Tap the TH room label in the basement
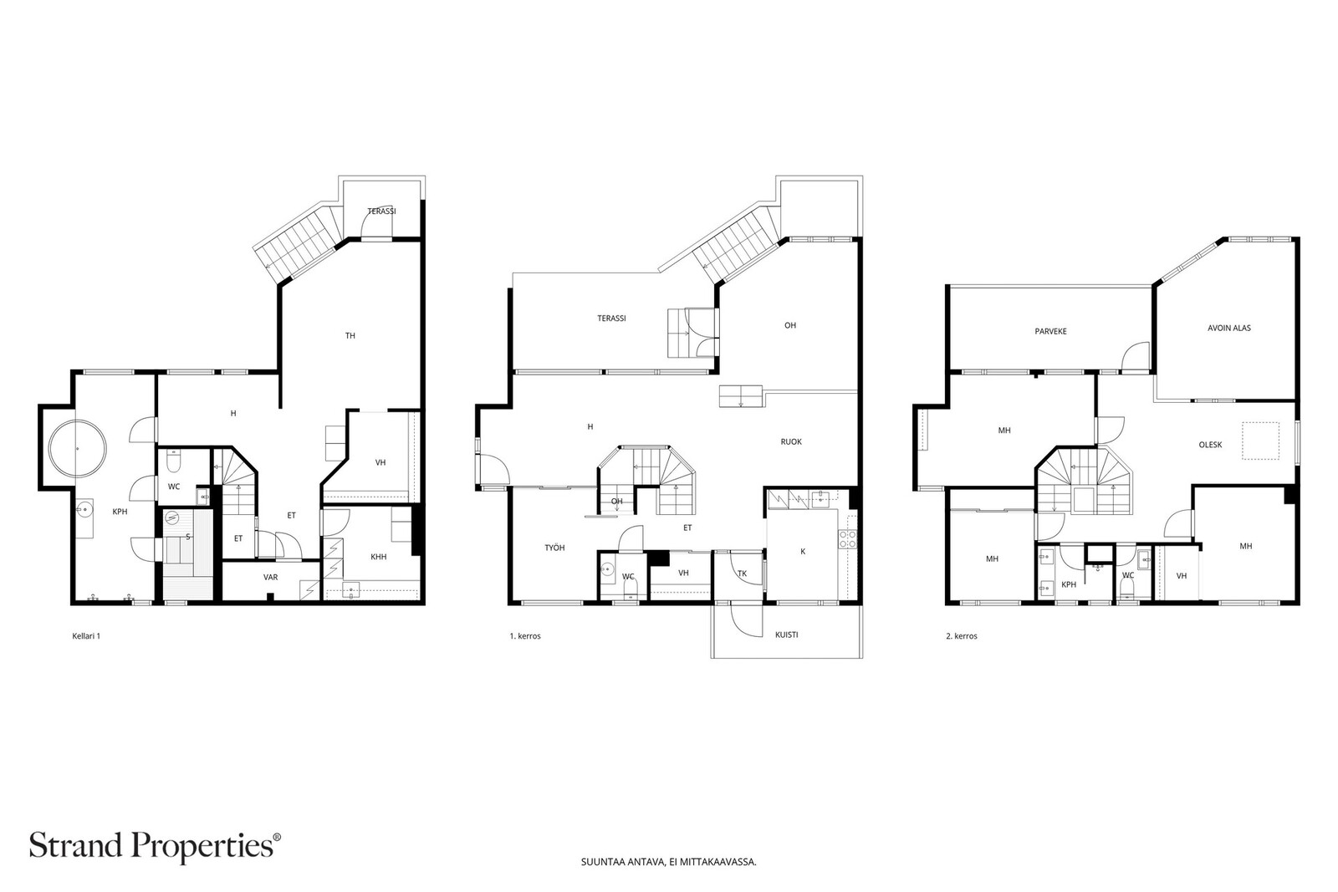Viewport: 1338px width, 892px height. click(x=350, y=335)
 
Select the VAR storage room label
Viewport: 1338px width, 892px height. click(x=271, y=578)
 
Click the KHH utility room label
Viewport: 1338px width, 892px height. click(x=379, y=557)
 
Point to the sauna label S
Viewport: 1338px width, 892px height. click(x=188, y=538)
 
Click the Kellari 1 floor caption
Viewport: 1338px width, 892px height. click(x=86, y=636)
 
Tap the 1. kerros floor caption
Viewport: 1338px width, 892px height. click(x=525, y=636)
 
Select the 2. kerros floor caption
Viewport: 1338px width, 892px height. click(x=962, y=636)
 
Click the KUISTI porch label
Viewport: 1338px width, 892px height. click(x=787, y=635)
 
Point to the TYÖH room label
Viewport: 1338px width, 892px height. click(x=554, y=548)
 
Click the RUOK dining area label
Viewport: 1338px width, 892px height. click(x=791, y=442)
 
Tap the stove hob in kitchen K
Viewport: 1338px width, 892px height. click(x=848, y=539)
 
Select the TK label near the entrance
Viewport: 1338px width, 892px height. click(x=742, y=573)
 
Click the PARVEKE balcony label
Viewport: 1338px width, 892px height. click(x=1050, y=331)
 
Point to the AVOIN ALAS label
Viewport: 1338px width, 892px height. click(x=1228, y=328)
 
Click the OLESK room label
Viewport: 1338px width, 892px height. click(x=1210, y=445)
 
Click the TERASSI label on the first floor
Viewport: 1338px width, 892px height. click(x=611, y=319)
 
